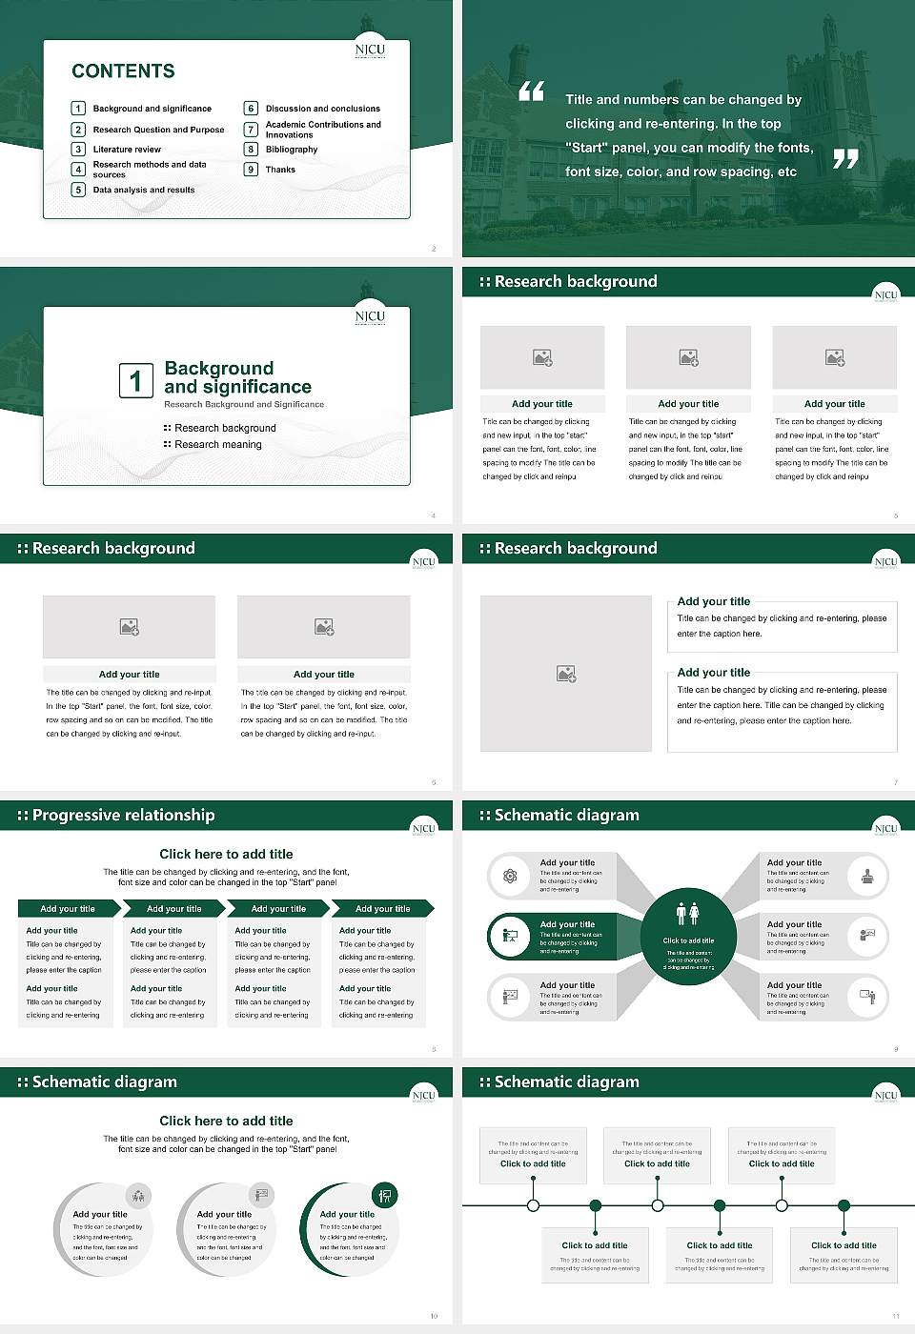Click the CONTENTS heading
[123, 71]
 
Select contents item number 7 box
[252, 130]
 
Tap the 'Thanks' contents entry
[280, 170]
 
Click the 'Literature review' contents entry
[127, 150]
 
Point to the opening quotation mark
[531, 91]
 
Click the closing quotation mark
[845, 159]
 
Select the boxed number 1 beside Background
[135, 380]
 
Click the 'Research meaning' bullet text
[217, 445]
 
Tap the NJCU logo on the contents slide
[370, 51]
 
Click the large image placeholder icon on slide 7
[566, 674]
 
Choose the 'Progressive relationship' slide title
[123, 816]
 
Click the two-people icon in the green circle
[687, 914]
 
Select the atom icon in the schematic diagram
[510, 877]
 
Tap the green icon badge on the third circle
[385, 1195]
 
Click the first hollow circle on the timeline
[533, 1205]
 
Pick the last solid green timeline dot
[844, 1205]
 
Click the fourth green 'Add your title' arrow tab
[382, 909]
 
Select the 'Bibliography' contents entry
[292, 150]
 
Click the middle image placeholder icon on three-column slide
[688, 357]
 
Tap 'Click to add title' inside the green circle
[688, 940]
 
